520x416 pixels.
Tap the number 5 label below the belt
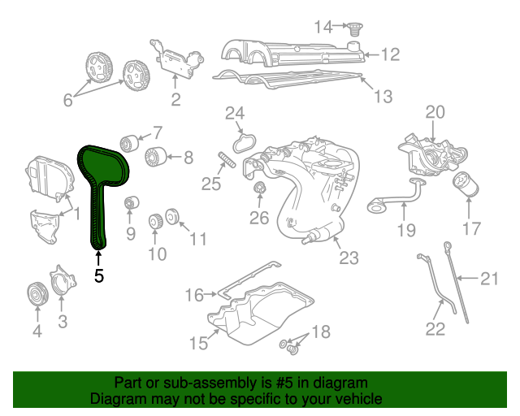pos(99,275)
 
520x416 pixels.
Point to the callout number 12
pos(391,54)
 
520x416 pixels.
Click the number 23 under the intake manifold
pos(348,258)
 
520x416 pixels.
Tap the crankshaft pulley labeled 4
pos(37,294)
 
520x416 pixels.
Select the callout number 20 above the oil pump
pos(435,112)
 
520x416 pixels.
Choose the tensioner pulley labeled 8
pos(155,157)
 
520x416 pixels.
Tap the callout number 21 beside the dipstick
pos(487,279)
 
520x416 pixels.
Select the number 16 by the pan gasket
pos(194,294)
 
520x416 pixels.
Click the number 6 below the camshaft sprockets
pos(67,101)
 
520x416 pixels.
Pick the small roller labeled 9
pos(130,202)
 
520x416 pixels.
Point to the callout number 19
pos(406,230)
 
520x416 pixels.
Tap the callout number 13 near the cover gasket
pos(383,97)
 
